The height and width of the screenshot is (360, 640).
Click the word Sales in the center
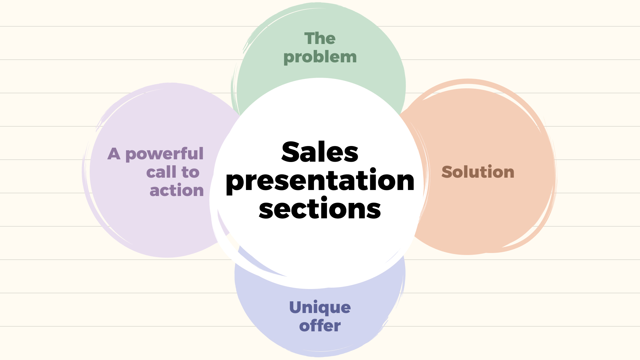pos(320,152)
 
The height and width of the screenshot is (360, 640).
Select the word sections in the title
pos(320,209)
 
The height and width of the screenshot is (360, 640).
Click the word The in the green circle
pos(320,39)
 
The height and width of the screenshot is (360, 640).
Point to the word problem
pos(320,57)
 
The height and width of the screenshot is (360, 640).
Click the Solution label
pos(478,172)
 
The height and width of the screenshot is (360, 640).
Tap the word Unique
pos(320,308)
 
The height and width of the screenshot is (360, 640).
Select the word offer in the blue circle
pos(320,326)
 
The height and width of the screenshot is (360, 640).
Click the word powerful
pos(164,154)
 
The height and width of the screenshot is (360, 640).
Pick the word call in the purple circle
pos(161,172)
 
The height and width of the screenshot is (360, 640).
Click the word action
pos(177,191)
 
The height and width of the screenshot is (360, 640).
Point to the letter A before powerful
pos(114,154)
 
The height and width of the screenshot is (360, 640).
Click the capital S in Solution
pos(448,172)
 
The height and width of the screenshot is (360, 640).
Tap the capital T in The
pos(310,38)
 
